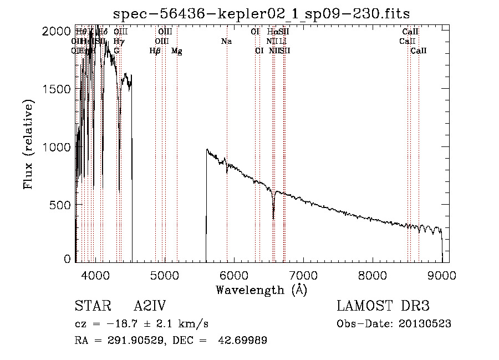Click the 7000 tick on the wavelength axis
click(303, 275)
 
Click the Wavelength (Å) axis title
click(261, 290)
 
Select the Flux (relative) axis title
click(29, 144)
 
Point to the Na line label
click(226, 42)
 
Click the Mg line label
click(177, 51)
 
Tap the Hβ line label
click(155, 51)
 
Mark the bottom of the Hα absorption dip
click(273, 217)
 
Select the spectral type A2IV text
click(150, 307)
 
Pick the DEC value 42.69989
click(245, 341)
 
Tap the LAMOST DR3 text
click(383, 307)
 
